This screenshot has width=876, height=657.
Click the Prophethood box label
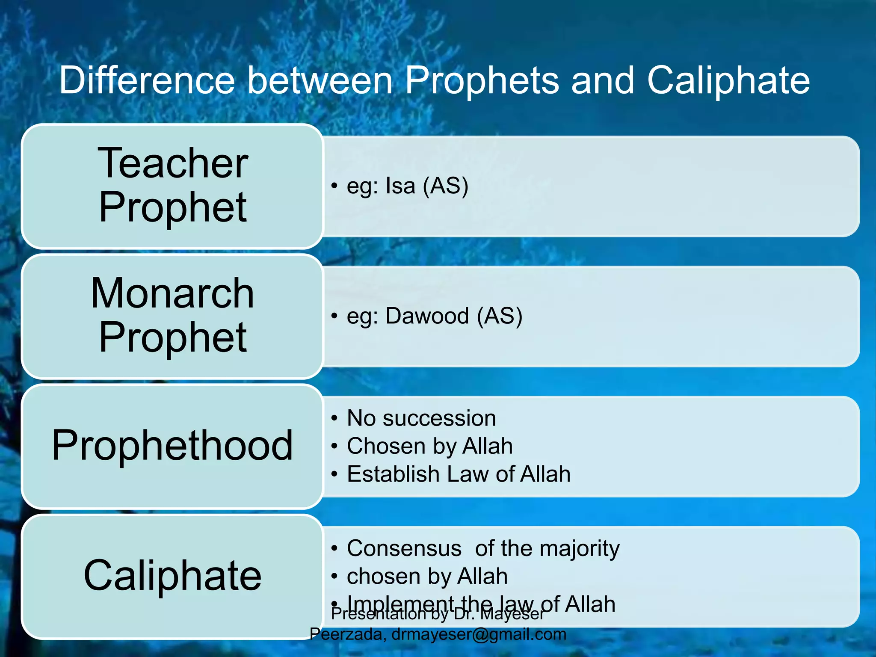(x=172, y=446)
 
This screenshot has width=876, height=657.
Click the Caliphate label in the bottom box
(x=172, y=576)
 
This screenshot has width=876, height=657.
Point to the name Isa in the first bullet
(x=400, y=186)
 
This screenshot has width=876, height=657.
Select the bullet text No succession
(x=421, y=418)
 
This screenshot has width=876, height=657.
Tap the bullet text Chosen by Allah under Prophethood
(x=429, y=446)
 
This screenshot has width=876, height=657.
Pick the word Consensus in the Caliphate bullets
(x=404, y=548)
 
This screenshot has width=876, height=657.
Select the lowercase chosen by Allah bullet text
(x=427, y=577)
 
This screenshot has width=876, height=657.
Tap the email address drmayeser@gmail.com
(x=479, y=634)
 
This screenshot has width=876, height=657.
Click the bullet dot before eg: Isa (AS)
(x=334, y=186)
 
